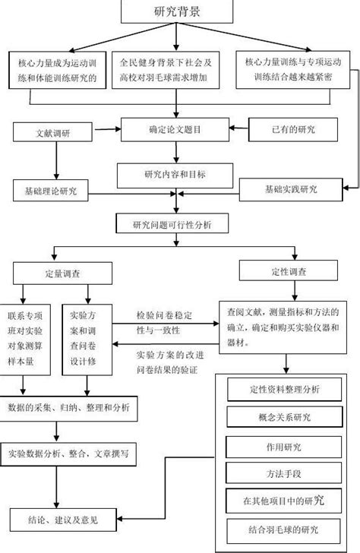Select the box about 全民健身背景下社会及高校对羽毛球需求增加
(x=176, y=71)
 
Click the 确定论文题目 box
(x=175, y=130)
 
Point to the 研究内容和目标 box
(x=175, y=175)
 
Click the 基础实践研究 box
(x=291, y=188)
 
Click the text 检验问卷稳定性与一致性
(x=164, y=323)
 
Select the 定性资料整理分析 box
(x=284, y=390)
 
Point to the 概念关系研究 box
(x=284, y=418)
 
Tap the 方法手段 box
(x=284, y=473)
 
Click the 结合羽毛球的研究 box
(x=284, y=529)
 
